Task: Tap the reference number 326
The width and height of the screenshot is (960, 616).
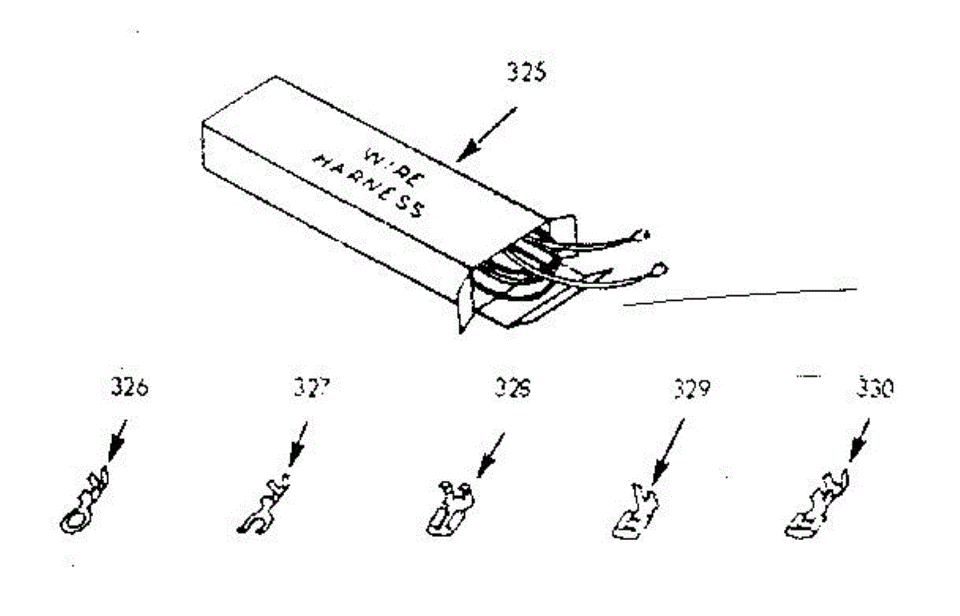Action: point(130,391)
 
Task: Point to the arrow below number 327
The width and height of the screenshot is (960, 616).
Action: point(298,445)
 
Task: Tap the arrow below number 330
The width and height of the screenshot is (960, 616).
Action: point(856,442)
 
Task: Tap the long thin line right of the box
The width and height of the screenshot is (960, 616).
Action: point(740,295)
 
